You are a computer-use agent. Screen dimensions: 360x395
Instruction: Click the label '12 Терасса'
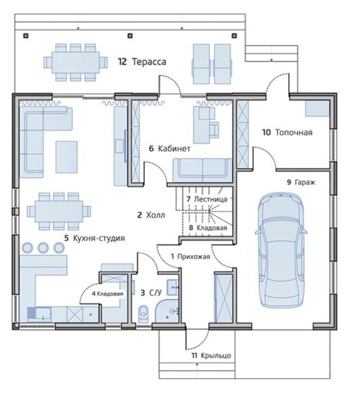(142, 62)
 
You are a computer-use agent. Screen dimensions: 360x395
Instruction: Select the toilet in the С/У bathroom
(144, 313)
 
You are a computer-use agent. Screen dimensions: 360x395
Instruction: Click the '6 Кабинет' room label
(170, 148)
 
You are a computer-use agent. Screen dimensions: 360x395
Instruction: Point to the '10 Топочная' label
(287, 132)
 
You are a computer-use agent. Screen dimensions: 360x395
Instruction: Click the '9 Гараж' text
(301, 182)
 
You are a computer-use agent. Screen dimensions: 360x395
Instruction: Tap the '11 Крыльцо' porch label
(211, 355)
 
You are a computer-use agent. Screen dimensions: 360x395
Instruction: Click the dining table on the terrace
(75, 62)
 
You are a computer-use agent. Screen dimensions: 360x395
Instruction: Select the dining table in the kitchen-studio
(59, 211)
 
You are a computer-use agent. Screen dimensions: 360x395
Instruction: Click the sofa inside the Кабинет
(202, 170)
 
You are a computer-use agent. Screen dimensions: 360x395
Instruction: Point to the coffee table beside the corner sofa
(66, 157)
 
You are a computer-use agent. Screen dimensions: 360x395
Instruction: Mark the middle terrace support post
(130, 36)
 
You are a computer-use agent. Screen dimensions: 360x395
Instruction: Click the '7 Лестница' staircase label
(207, 199)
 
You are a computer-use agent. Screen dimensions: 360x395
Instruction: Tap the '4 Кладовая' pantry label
(107, 294)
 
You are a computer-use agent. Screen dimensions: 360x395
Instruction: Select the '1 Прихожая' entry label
(190, 257)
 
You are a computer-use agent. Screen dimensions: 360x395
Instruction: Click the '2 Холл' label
(151, 215)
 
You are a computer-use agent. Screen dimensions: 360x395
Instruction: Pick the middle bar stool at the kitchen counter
(43, 247)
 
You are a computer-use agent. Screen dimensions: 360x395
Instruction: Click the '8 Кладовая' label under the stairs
(208, 228)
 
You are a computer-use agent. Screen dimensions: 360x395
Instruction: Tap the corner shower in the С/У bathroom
(167, 311)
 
